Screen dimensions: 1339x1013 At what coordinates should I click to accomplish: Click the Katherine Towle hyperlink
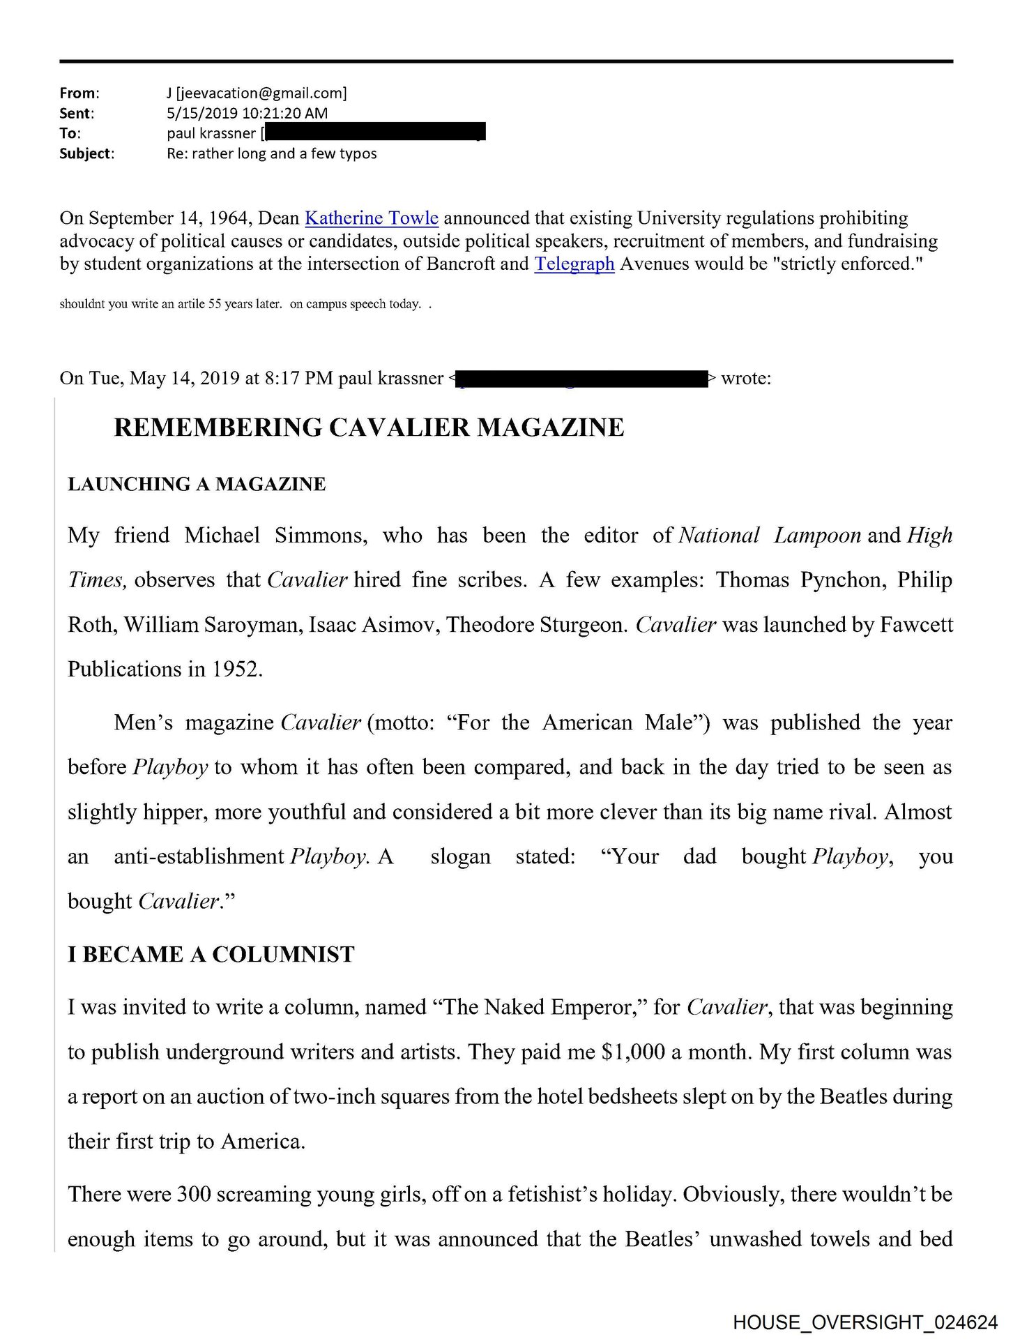pos(372,218)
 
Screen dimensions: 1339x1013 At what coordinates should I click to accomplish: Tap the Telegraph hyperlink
pos(574,264)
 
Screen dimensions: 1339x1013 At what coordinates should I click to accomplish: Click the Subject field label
pos(86,153)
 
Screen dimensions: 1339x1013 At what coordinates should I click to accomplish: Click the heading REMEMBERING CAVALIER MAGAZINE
pos(369,428)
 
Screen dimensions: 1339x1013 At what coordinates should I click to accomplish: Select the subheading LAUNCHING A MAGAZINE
pos(197,485)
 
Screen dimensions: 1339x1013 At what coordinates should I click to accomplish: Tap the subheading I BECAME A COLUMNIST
pos(211,955)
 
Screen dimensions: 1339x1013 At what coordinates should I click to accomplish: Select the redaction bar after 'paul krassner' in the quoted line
pos(581,379)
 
